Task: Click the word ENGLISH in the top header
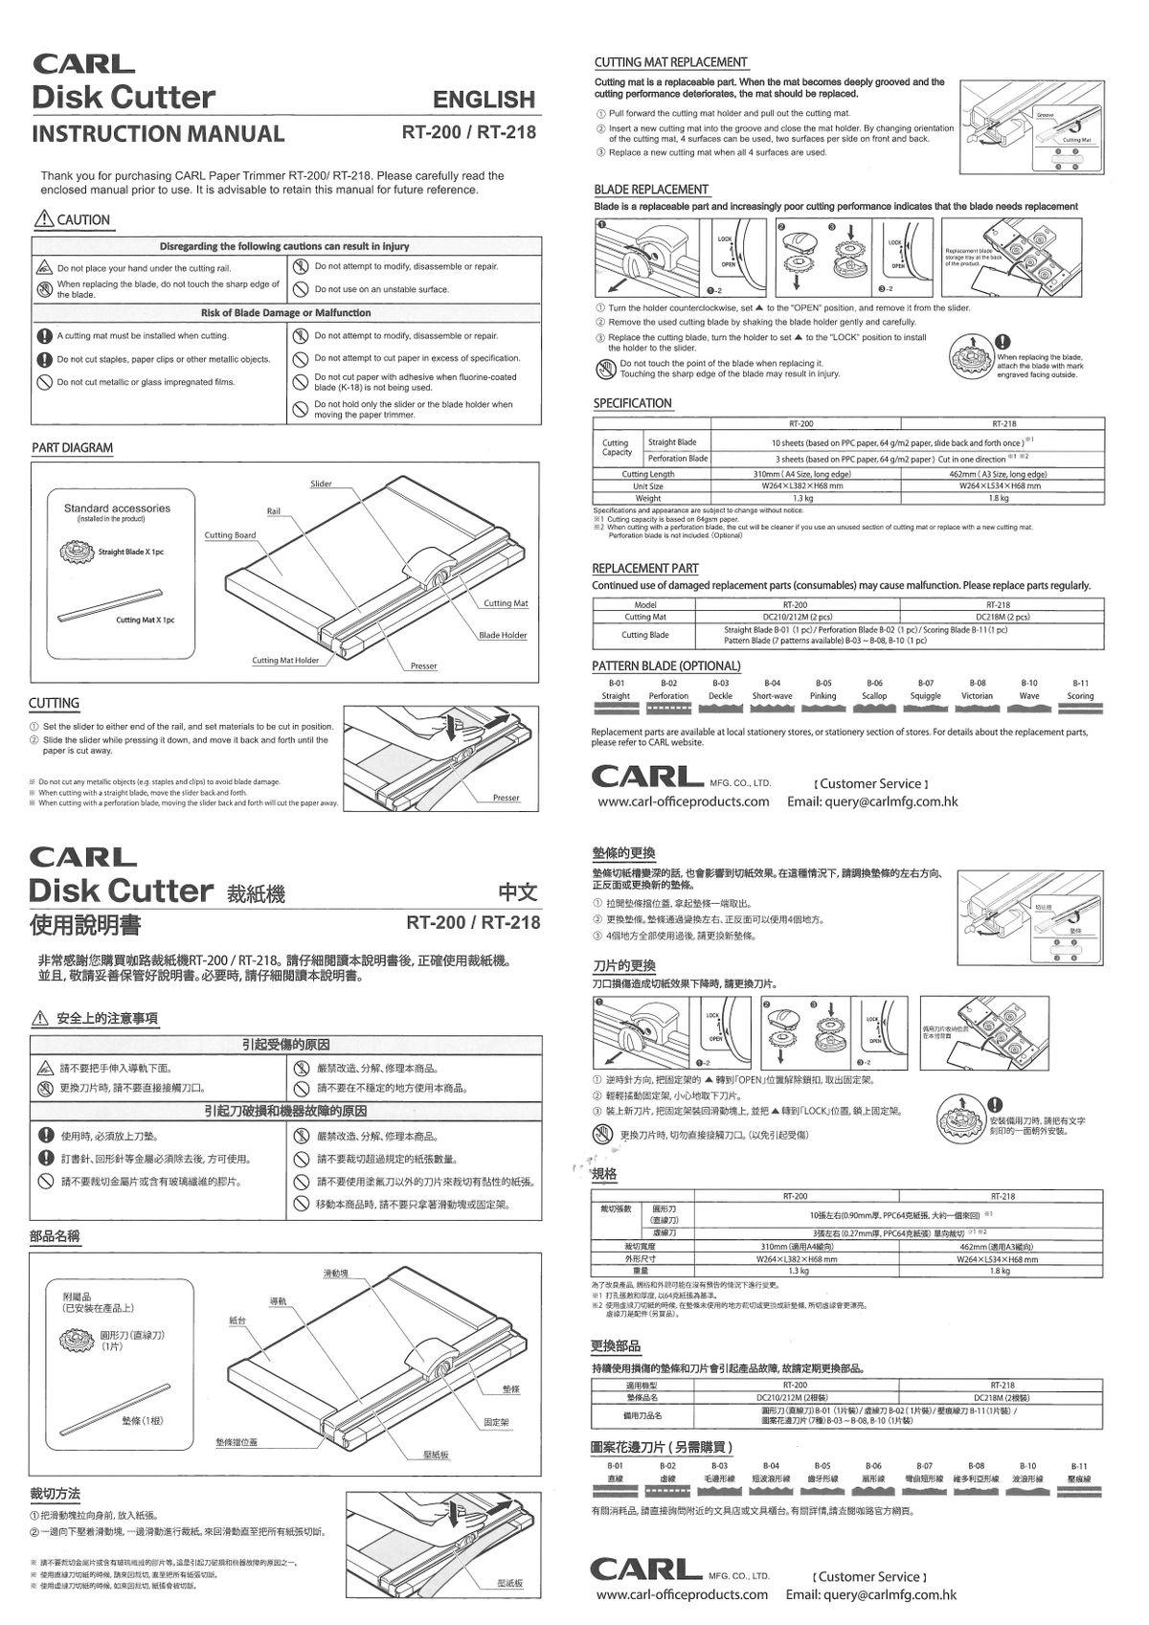(x=484, y=100)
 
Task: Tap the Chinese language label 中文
(x=518, y=892)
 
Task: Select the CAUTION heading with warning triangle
(x=73, y=220)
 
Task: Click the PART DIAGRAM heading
(x=72, y=448)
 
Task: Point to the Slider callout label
(x=321, y=484)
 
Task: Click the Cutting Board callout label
(x=231, y=535)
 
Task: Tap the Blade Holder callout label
(x=503, y=635)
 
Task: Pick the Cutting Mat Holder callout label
(x=285, y=660)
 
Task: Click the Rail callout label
(x=274, y=511)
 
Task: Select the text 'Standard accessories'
(x=117, y=508)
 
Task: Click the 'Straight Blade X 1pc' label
(x=131, y=552)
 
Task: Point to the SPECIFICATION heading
(x=632, y=403)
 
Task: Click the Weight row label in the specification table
(x=648, y=498)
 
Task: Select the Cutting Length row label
(x=648, y=474)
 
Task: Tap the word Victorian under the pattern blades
(x=977, y=696)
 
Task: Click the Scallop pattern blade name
(x=874, y=696)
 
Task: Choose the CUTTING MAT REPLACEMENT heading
(x=670, y=62)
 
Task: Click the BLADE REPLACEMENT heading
(x=651, y=190)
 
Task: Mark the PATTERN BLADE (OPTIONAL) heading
(x=666, y=666)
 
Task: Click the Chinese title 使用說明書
(x=85, y=925)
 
